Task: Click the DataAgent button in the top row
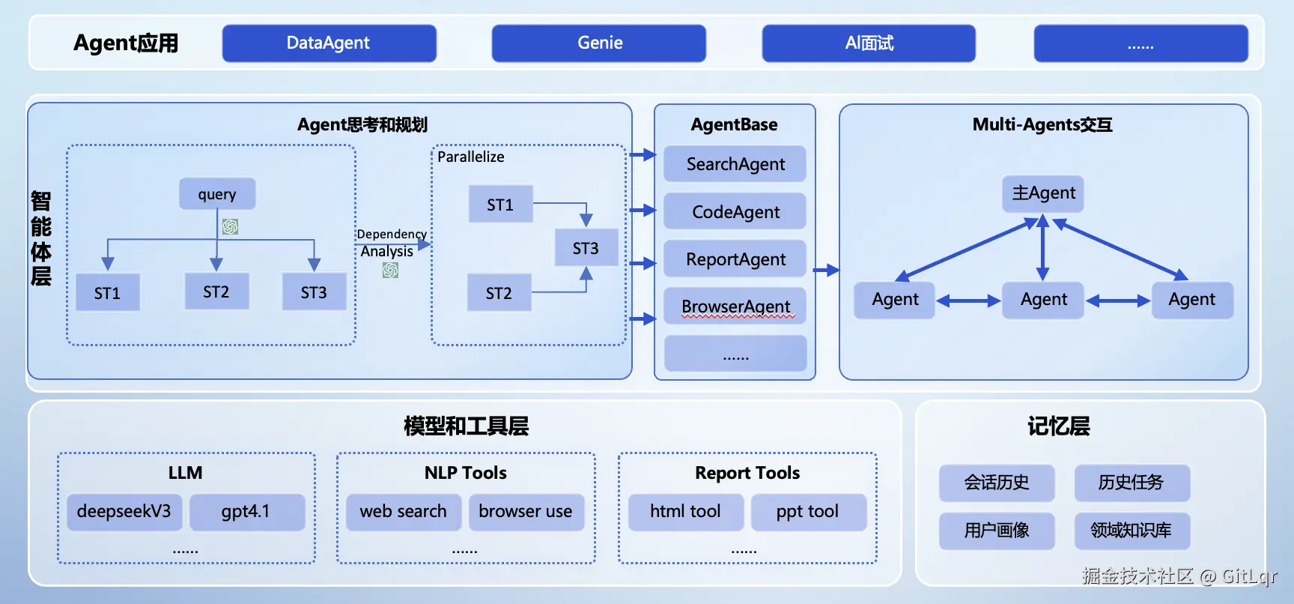(329, 43)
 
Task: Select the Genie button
(598, 43)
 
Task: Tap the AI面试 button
(869, 43)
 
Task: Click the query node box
(217, 194)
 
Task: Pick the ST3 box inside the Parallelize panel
(586, 248)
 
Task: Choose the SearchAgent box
(735, 164)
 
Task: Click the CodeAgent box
(735, 212)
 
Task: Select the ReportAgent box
(735, 259)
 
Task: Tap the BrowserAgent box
(735, 306)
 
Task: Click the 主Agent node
(1043, 193)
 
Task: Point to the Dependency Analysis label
(390, 243)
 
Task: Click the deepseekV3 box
(124, 512)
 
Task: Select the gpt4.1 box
(246, 512)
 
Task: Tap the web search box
(404, 512)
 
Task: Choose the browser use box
(526, 512)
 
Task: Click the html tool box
(685, 512)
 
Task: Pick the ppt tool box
(808, 512)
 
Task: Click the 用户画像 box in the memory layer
(997, 531)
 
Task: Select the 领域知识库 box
(1132, 531)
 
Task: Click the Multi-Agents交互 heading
(1042, 124)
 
